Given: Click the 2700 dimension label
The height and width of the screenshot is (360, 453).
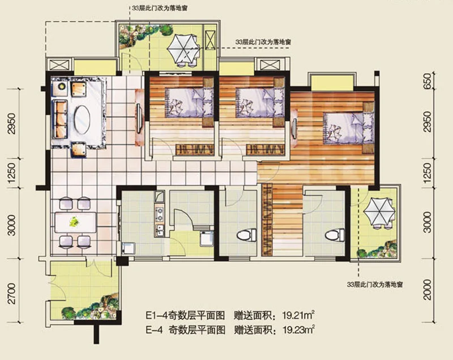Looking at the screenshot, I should coord(12,293).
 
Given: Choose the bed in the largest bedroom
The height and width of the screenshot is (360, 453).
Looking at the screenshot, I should coord(347,126).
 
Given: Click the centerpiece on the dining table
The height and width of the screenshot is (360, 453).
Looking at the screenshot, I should coord(73,221).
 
